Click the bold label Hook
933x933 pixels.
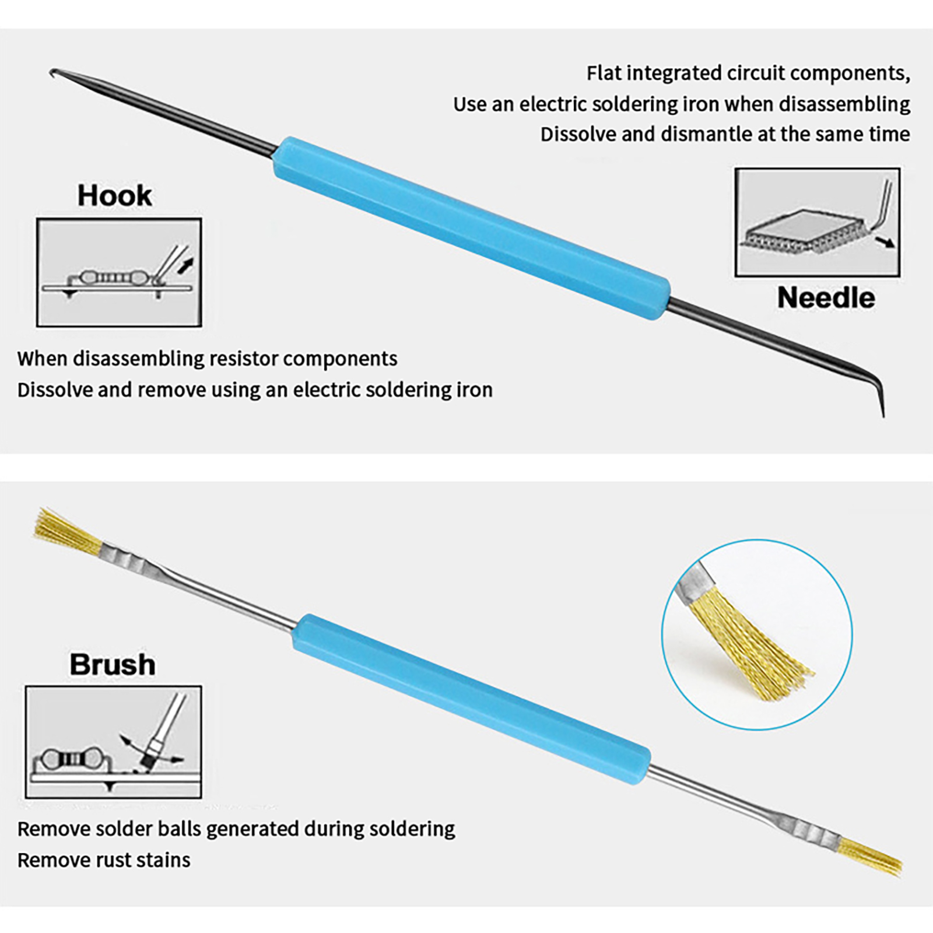point(114,196)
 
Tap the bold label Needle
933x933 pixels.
point(826,298)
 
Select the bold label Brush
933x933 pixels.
point(113,665)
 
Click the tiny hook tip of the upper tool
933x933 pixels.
point(53,72)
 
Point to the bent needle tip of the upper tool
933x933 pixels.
point(882,408)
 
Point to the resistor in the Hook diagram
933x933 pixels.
point(108,276)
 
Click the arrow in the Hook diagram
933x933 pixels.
point(185,266)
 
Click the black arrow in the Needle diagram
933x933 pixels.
point(886,242)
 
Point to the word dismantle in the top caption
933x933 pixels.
point(704,135)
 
